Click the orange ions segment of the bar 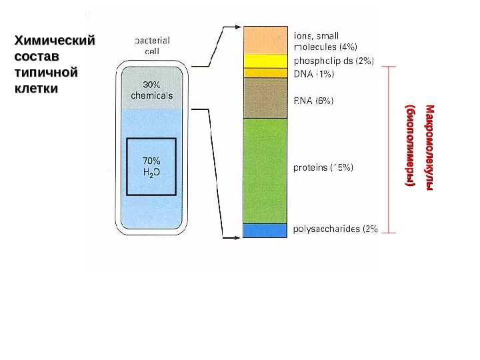pyautogui.click(x=265, y=40)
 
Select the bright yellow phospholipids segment pyautogui.click(x=265, y=61)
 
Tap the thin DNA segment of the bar pyautogui.click(x=265, y=73)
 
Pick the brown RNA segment pyautogui.click(x=265, y=97)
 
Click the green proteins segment pyautogui.click(x=265, y=170)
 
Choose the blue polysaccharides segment pyautogui.click(x=265, y=230)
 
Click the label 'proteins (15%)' pyautogui.click(x=323, y=168)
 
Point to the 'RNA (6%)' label pyautogui.click(x=314, y=101)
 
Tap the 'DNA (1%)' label pyautogui.click(x=314, y=73)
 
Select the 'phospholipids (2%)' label pyautogui.click(x=333, y=61)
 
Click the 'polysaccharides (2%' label pyautogui.click(x=336, y=229)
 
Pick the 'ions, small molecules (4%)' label pyautogui.click(x=325, y=41)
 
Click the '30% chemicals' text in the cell pyautogui.click(x=152, y=90)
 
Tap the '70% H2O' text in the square pyautogui.click(x=151, y=166)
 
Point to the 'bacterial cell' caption pyautogui.click(x=152, y=45)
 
